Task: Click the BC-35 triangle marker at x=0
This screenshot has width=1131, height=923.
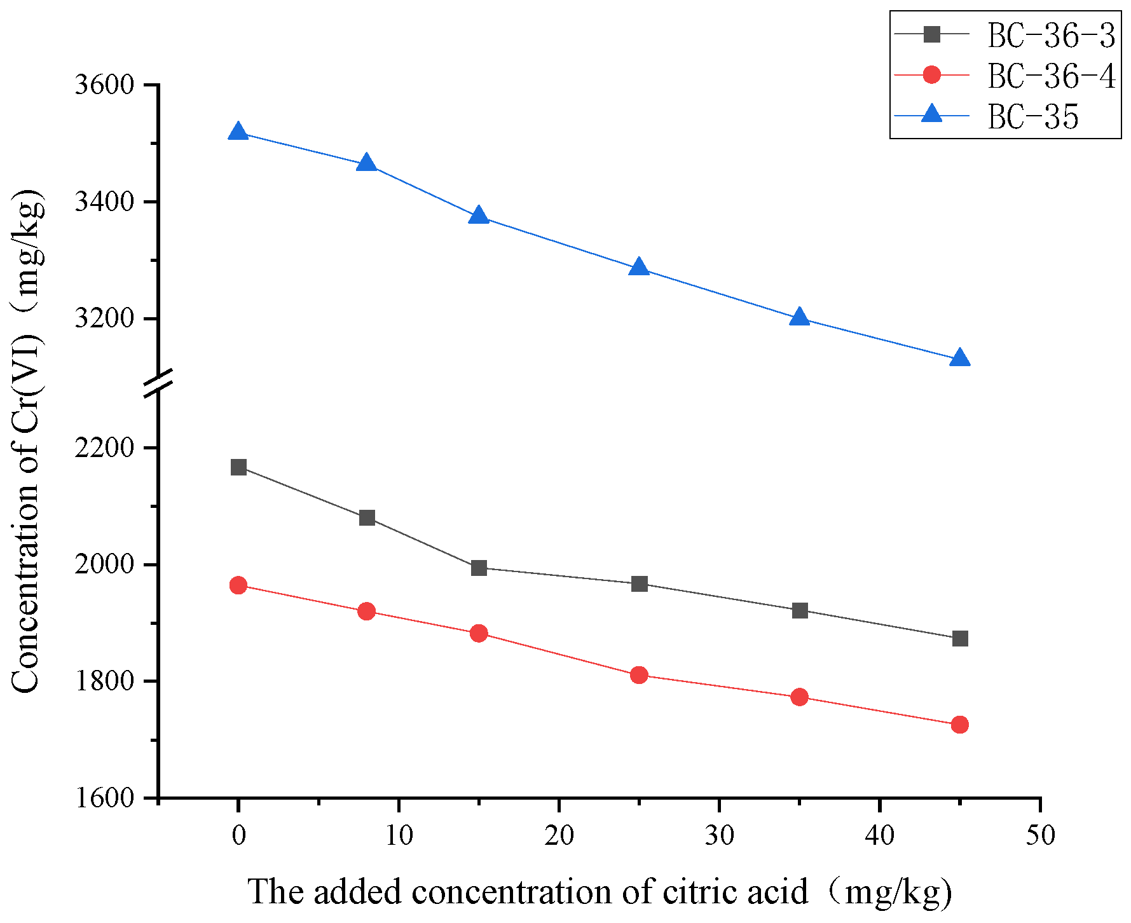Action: pos(238,132)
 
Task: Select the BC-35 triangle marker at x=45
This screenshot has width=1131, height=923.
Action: pos(960,359)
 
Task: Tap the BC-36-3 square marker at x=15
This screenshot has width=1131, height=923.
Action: pos(479,568)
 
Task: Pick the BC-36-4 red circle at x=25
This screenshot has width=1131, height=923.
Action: pos(639,675)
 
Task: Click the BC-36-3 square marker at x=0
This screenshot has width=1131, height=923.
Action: pos(238,467)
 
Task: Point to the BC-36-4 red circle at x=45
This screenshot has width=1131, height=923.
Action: pos(960,725)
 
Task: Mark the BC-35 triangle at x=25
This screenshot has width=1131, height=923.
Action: pos(639,268)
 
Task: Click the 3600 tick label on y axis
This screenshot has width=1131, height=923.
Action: pos(105,85)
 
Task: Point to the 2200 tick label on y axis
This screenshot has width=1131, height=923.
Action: pos(105,448)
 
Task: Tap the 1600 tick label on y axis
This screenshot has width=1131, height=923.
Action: pos(105,798)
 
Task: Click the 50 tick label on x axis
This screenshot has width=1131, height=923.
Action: pos(1040,835)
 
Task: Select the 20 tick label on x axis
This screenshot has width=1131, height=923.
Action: pos(559,835)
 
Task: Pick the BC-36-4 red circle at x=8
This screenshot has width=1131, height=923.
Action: pos(367,611)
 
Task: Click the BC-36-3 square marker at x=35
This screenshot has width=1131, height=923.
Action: pos(800,610)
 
